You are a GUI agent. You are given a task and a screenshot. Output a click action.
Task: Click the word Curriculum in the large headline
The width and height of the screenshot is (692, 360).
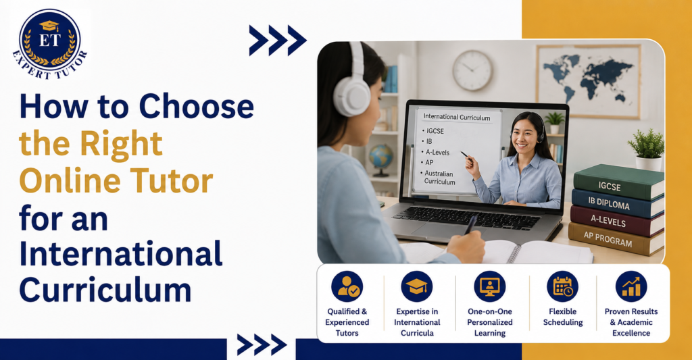pos(105,290)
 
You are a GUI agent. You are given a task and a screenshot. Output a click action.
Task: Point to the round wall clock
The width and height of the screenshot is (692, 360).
pos(472,70)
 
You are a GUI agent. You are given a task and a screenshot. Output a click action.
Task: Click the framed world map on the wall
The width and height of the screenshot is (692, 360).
pos(589,81)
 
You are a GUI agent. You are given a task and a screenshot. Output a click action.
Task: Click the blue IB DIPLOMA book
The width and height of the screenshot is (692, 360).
pos(617,203)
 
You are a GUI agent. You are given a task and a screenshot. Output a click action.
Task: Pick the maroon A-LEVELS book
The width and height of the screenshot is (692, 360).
pos(616,221)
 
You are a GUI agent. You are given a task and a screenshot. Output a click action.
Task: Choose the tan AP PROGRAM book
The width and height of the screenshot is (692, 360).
pos(615,238)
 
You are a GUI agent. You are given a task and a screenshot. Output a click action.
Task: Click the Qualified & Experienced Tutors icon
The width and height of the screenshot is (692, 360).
pos(347,287)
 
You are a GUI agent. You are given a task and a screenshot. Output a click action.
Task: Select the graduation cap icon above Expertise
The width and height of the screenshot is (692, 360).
pos(416,287)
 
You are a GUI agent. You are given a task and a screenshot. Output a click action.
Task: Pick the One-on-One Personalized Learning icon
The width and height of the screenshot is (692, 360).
pos(489,287)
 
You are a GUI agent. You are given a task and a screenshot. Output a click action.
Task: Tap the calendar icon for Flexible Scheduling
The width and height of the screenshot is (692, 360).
pos(562,287)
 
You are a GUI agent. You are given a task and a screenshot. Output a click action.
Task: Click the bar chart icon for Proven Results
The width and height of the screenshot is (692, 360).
pos(631,287)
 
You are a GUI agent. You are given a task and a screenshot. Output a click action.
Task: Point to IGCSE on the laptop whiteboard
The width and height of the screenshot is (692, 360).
pos(435,131)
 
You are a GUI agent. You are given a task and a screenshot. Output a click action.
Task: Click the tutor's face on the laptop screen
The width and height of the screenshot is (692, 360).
pos(524,134)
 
